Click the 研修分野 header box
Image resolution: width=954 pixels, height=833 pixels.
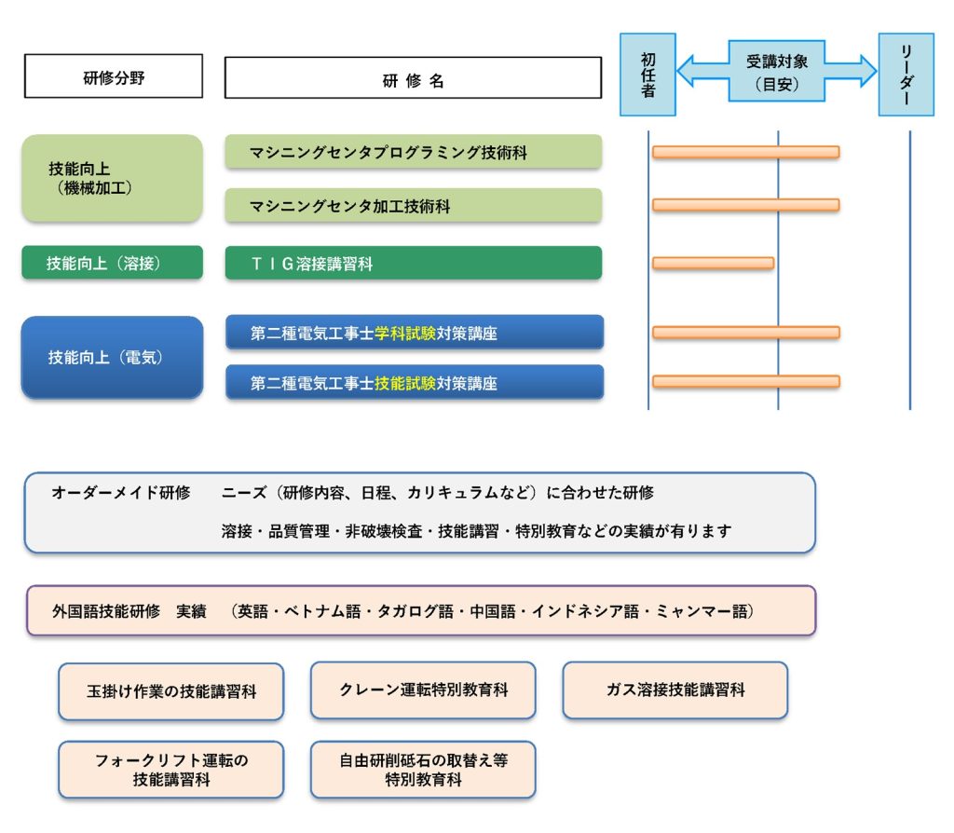tap(113, 76)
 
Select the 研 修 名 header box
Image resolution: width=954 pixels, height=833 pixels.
tap(413, 77)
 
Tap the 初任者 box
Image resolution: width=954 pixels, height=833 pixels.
tap(647, 75)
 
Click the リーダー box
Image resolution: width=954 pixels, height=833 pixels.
tap(906, 75)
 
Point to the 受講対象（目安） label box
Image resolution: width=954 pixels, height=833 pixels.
tap(777, 71)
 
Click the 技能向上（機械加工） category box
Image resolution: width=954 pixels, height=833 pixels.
tap(113, 178)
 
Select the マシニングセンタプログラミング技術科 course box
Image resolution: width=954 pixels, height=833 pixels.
tap(414, 152)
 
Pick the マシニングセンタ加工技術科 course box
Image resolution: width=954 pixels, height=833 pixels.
tap(414, 205)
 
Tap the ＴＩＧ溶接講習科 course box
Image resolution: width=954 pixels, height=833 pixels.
tap(414, 263)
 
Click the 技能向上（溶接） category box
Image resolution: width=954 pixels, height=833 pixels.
tap(113, 262)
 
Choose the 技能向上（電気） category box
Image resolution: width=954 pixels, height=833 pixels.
tap(113, 357)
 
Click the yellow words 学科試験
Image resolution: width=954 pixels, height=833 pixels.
tap(405, 333)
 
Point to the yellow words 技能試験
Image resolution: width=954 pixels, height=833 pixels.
tap(405, 383)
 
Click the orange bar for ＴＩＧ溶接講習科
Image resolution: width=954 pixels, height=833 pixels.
tap(713, 263)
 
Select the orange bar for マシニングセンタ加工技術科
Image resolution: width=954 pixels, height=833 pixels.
tap(746, 205)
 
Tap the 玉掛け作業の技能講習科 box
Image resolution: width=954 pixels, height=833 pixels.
tap(171, 691)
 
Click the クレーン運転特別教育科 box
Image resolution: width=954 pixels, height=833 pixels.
tap(423, 690)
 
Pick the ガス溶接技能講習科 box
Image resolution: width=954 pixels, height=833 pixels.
tap(675, 690)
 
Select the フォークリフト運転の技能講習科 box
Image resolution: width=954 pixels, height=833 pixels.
tap(171, 770)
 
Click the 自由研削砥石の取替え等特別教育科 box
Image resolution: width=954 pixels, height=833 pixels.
tap(423, 770)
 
